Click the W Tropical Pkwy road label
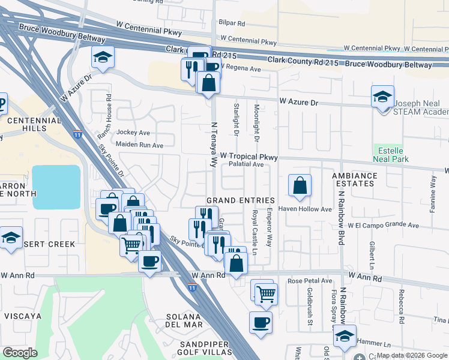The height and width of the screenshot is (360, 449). pos(249,157)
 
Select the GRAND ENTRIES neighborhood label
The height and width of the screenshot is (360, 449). pos(240,200)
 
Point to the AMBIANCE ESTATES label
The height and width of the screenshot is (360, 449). pos(354,180)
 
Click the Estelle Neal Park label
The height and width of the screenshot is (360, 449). pos(391,154)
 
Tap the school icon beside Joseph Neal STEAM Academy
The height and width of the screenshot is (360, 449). pos(382,97)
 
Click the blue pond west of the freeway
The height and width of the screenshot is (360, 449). pos(56,187)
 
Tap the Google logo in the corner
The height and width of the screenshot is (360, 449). pos(20,353)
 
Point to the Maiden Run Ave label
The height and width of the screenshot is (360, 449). pos(140,145)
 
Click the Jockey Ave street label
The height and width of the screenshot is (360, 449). pos(133,132)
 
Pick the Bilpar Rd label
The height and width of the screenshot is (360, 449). pos(232,23)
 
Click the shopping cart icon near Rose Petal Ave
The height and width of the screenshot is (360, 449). pos(266,293)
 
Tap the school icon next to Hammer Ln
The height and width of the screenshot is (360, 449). pos(345,336)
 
